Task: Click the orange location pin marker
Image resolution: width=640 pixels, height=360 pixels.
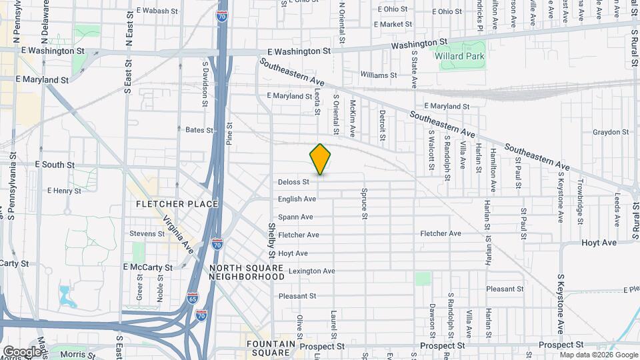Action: [x=320, y=159]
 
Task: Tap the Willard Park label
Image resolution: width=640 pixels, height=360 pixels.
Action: [x=460, y=56]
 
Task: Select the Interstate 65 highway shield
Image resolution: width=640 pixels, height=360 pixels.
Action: [x=192, y=297]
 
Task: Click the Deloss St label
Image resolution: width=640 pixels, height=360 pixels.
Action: [x=293, y=181]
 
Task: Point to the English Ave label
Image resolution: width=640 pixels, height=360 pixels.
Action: [x=297, y=199]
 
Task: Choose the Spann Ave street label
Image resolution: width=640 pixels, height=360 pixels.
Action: [x=295, y=217]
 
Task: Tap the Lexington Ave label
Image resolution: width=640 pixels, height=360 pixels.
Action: [x=311, y=271]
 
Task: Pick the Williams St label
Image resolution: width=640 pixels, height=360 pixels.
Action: [x=378, y=75]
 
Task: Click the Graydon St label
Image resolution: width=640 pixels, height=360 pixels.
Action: [x=610, y=132]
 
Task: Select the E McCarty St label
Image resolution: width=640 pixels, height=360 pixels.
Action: [x=147, y=267]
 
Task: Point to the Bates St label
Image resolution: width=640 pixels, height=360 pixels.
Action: [x=199, y=130]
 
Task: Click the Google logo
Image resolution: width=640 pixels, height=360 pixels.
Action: [x=22, y=351]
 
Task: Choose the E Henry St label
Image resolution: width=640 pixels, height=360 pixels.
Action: [x=64, y=191]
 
